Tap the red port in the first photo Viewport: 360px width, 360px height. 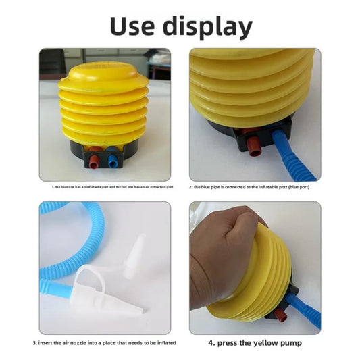(x=94, y=161)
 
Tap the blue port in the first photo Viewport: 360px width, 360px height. (x=111, y=161)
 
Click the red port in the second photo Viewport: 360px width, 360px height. (x=253, y=145)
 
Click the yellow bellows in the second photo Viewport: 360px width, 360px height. (x=250, y=88)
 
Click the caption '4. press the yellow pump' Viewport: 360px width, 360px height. (x=255, y=343)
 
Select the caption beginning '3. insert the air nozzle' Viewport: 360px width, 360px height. (x=105, y=343)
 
